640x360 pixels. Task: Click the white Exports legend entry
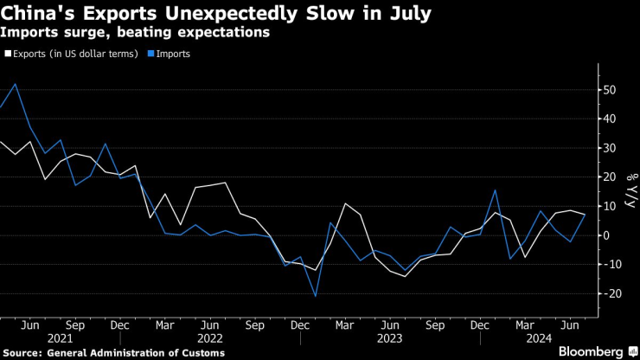pos(72,54)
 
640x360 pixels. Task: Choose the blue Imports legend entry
pos(170,54)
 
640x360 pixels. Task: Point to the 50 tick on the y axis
pos(610,89)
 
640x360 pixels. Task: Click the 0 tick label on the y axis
pos(607,235)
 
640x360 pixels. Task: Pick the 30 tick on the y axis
pos(610,148)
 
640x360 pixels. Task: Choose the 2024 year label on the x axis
pos(539,339)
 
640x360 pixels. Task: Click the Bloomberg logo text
pos(592,351)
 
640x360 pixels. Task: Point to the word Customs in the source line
pos(203,352)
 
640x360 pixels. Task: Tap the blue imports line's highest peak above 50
pos(16,84)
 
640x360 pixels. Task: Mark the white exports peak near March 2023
pos(345,203)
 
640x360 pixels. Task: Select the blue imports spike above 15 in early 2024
pos(495,190)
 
